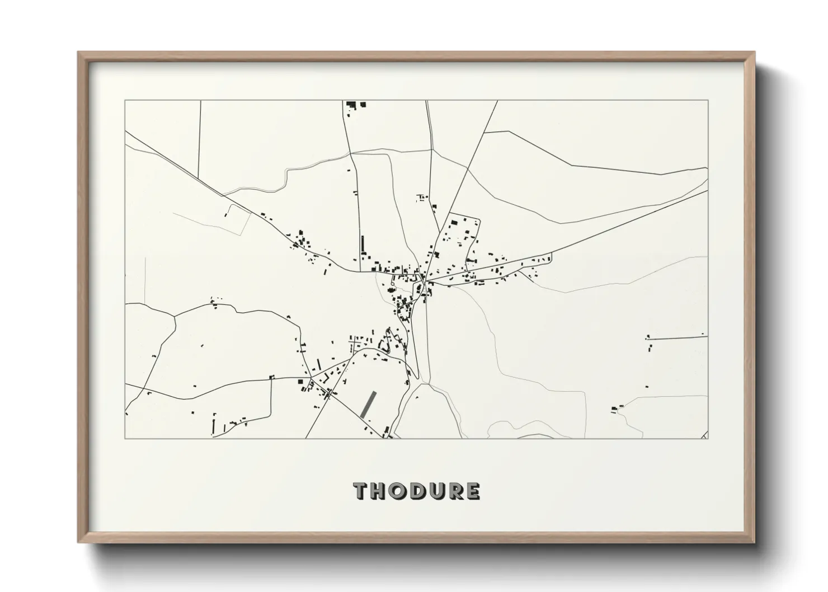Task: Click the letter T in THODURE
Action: click(361, 491)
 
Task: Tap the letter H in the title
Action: click(379, 491)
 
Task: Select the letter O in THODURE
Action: click(397, 491)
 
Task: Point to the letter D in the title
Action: click(415, 491)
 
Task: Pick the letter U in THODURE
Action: click(433, 491)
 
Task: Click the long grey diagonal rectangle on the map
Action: click(368, 405)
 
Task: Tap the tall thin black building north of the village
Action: click(362, 245)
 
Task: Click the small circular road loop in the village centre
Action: click(391, 287)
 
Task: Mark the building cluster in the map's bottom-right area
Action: click(617, 408)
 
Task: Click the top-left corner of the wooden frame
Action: click(78, 53)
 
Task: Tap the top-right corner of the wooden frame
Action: click(755, 53)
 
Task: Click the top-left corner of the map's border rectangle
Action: click(125, 101)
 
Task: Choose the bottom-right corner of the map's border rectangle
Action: click(708, 439)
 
